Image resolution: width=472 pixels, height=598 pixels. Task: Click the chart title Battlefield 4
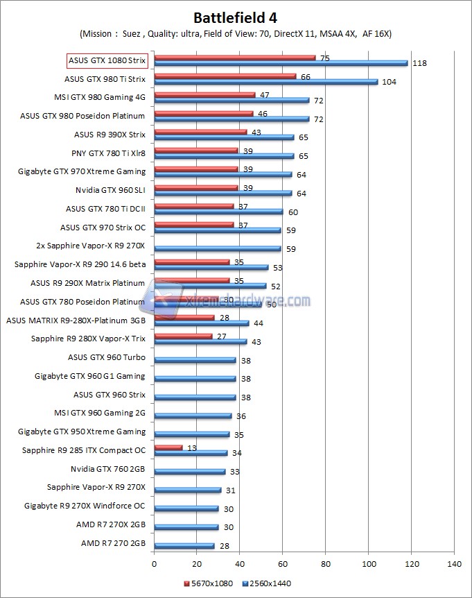[x=236, y=17]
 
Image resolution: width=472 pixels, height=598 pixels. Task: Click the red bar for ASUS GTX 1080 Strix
[x=235, y=58]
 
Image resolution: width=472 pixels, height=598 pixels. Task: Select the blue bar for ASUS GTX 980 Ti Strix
[x=266, y=82]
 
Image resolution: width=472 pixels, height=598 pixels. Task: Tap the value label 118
[x=419, y=63]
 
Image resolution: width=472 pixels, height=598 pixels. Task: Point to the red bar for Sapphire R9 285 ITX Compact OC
[x=168, y=448]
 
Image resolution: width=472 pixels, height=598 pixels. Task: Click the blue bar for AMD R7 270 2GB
[x=184, y=546]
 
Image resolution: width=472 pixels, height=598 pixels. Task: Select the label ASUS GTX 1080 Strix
[x=107, y=60]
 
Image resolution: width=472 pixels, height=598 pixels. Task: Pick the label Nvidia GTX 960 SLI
[x=111, y=190]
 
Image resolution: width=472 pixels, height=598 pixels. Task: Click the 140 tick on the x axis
[x=454, y=563]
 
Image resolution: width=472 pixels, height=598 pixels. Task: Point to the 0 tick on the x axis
[x=155, y=563]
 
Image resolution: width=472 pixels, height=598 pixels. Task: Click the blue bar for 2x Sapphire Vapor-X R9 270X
[x=218, y=248]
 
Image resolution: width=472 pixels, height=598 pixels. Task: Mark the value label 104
[x=389, y=82]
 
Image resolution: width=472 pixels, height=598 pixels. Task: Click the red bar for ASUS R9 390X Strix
[x=200, y=132]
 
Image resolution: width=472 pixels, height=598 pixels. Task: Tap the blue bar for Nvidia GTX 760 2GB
[x=190, y=472]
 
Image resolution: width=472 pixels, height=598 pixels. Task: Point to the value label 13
[x=192, y=448]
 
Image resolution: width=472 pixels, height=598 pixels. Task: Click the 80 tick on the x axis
[x=326, y=563]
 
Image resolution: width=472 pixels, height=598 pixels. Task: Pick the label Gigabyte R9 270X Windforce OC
[x=85, y=506]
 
